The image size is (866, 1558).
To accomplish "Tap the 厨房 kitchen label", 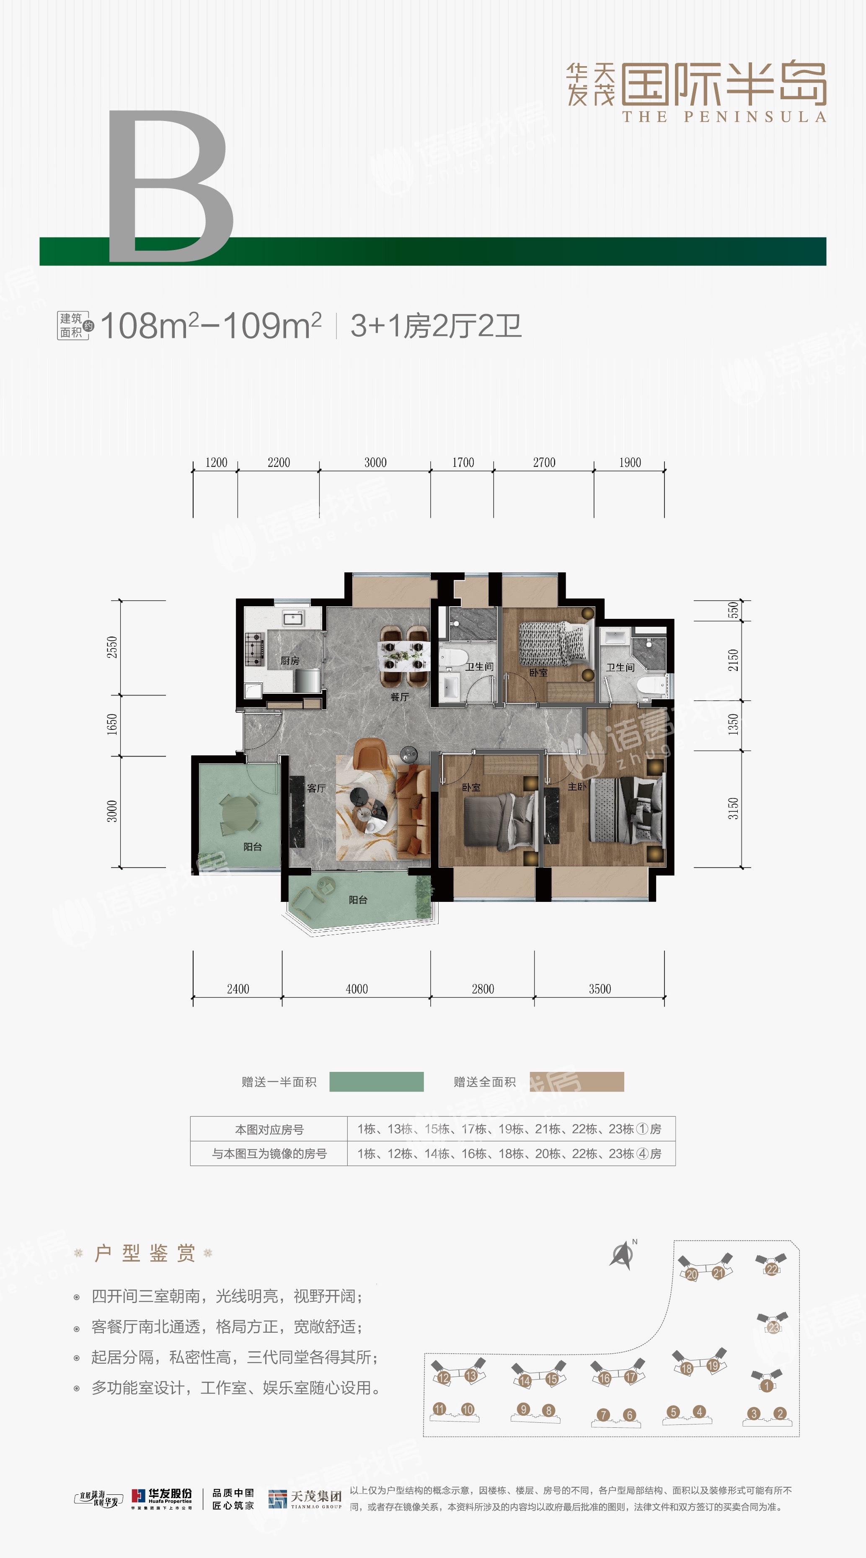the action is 290,660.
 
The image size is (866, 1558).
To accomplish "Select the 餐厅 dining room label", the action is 399,697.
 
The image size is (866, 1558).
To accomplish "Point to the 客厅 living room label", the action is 316,788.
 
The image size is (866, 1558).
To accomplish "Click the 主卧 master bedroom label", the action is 577,787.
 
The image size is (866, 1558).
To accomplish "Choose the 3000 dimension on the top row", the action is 375,463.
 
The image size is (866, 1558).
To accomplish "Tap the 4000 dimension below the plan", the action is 357,989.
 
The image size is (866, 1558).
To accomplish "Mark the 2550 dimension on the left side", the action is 112,647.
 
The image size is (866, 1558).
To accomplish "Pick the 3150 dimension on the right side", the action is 733,809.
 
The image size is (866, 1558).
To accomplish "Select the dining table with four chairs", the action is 402,655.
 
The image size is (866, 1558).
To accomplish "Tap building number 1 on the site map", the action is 767,1385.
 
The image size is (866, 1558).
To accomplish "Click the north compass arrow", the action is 623,1255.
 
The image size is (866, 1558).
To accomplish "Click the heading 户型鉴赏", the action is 144,1253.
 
